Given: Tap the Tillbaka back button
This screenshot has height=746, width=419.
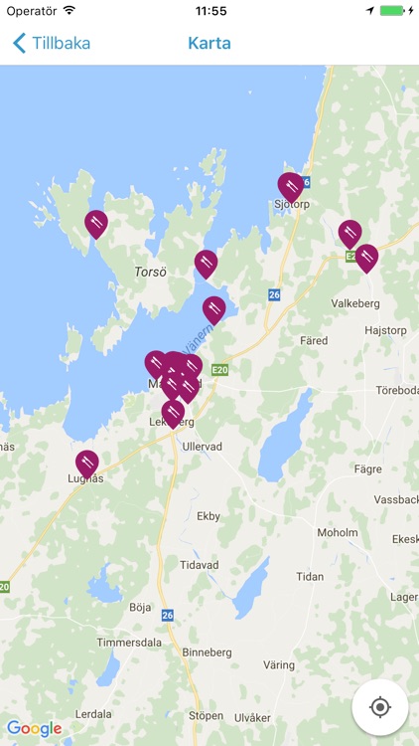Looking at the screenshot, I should pos(51,43).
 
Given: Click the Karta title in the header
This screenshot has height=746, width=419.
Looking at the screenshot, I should pos(209,43).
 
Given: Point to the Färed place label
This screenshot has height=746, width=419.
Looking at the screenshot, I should pos(313,340).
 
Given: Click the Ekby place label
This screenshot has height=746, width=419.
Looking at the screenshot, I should pos(209,516).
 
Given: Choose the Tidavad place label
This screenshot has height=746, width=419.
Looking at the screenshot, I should pos(199,564).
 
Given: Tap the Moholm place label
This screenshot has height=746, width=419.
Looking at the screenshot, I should pos(337,533).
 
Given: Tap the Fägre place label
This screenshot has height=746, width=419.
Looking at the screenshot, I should pos(367,467).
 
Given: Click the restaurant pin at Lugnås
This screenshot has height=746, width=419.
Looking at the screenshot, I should pos(87,463).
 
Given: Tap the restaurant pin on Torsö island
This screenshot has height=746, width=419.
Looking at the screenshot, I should pos(96,223).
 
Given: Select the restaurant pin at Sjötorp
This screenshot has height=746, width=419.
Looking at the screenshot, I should pos(290,185).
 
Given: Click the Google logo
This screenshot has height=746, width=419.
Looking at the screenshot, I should pos(34,728).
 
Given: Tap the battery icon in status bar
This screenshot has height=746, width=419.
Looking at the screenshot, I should pos(393,11).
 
